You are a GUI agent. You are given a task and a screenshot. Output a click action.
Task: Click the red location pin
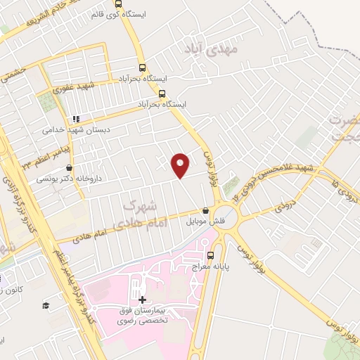pyautogui.click(x=181, y=165)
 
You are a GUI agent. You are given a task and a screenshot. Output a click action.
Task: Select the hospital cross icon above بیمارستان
pyautogui.click(x=143, y=300)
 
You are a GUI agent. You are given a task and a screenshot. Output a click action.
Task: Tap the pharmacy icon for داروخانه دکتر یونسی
pyautogui.click(x=69, y=169)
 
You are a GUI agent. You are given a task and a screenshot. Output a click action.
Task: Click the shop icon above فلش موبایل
pyautogui.click(x=205, y=211)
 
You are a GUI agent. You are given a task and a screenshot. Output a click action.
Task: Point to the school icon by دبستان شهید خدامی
pyautogui.click(x=77, y=120)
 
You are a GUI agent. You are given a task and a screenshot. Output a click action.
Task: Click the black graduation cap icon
pyautogui.click(x=46, y=306)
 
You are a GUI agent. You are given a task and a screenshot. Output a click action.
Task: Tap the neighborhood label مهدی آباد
pyautogui.click(x=211, y=49)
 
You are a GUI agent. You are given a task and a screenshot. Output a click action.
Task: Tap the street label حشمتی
pyautogui.click(x=13, y=72)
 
